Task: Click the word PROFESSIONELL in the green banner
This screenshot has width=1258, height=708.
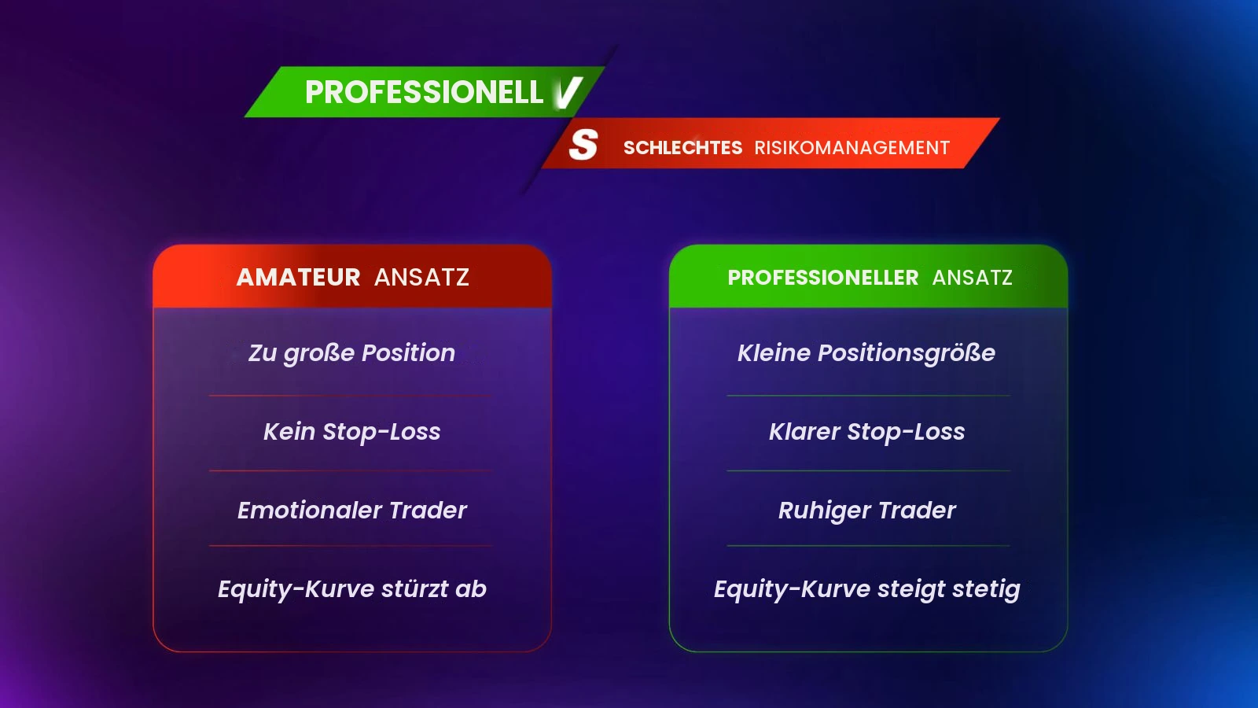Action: [424, 92]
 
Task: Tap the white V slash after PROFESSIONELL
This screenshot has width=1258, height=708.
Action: [567, 93]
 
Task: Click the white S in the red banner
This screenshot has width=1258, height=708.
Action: [583, 145]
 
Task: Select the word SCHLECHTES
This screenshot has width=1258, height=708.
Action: [683, 148]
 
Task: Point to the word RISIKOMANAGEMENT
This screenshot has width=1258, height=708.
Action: [852, 148]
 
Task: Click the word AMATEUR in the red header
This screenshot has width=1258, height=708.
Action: [298, 278]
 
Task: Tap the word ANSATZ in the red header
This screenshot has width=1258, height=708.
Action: [421, 278]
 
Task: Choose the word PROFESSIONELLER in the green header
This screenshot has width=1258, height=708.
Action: [823, 278]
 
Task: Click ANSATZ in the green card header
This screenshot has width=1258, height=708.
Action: [972, 278]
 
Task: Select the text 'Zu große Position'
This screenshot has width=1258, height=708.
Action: [352, 353]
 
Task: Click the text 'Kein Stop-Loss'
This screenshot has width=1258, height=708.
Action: [352, 432]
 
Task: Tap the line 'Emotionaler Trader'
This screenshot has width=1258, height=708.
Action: [352, 511]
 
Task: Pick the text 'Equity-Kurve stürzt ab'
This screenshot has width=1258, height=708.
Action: [352, 589]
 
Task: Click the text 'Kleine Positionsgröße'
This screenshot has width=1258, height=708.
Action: [866, 353]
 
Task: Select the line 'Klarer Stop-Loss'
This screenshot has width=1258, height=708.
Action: [866, 432]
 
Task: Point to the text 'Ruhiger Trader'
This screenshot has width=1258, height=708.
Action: [866, 511]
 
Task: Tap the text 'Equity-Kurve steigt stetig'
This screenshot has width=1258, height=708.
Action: [866, 589]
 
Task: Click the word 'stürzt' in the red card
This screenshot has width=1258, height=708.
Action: [414, 589]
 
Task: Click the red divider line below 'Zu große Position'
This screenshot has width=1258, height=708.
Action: [351, 396]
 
